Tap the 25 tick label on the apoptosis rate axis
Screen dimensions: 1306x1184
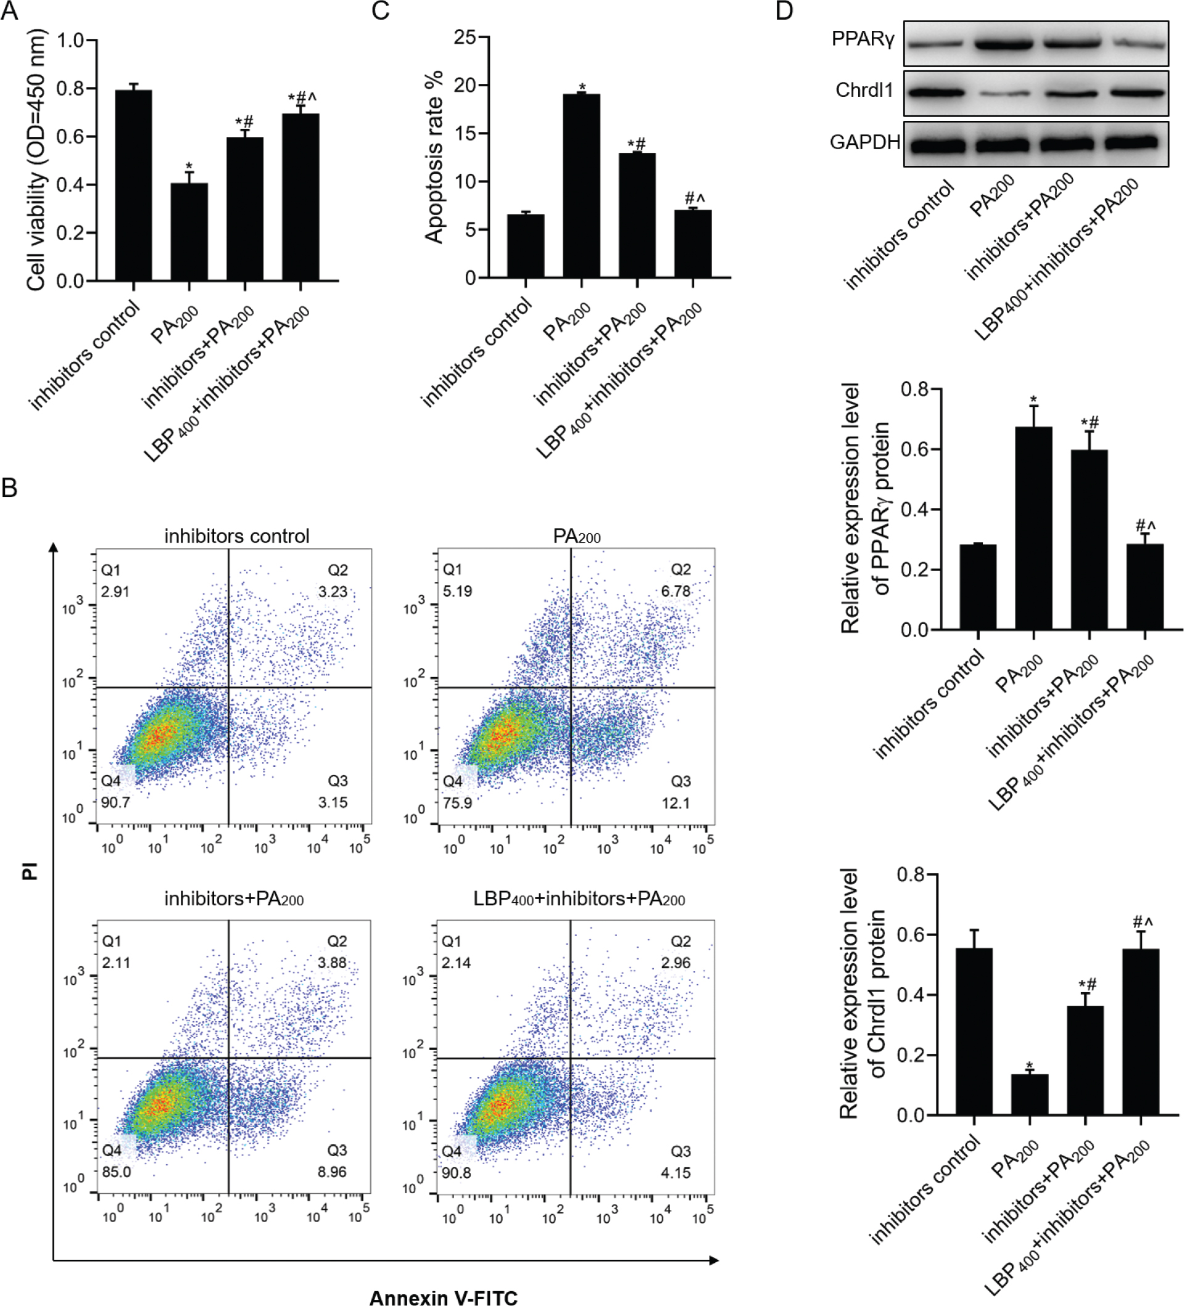465,38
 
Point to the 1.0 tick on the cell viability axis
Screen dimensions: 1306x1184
70,41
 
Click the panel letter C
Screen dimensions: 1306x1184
381,11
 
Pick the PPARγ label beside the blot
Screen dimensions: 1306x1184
863,39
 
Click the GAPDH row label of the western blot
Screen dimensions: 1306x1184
864,142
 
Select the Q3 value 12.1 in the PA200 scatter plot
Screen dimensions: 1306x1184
675,803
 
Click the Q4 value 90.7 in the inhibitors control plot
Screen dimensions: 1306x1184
115,803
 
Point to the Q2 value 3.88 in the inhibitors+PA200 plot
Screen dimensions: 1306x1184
333,963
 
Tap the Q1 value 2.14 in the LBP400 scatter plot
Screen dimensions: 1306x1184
456,963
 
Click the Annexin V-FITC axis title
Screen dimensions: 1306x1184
443,1297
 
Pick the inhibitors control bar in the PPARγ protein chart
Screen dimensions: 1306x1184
978,586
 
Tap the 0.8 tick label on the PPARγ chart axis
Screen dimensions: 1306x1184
914,389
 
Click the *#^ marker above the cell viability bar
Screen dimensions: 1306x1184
302,99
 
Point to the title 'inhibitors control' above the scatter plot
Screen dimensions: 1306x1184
236,536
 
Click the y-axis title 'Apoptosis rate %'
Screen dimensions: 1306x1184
434,157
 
